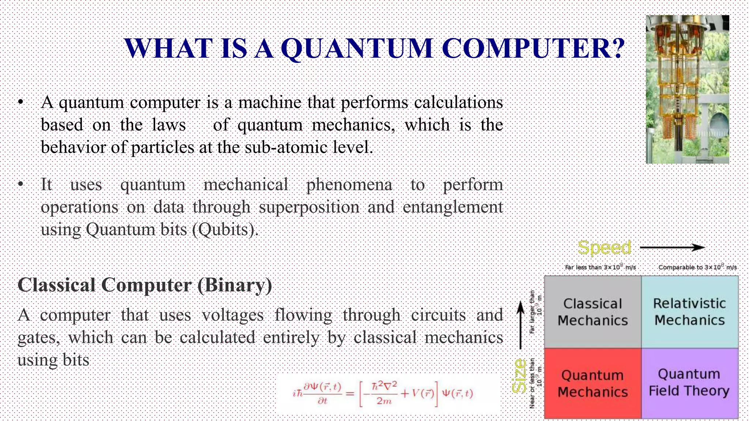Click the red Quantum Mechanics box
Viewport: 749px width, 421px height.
pos(592,383)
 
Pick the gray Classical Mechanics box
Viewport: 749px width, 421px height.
pos(592,312)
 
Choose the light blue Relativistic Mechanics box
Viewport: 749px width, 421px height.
pos(690,312)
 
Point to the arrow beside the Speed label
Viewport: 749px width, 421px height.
pos(672,247)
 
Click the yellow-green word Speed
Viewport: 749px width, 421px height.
pos(604,247)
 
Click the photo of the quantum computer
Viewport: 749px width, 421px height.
pos(687,89)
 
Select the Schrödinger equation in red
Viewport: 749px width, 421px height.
pos(383,394)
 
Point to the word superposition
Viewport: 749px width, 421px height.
pos(309,207)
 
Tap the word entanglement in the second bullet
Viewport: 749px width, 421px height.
pos(453,207)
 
